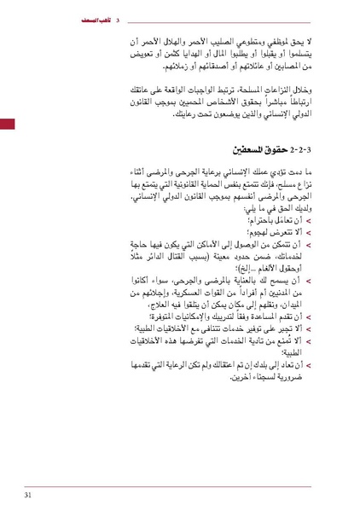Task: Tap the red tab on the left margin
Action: coord(6,125)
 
